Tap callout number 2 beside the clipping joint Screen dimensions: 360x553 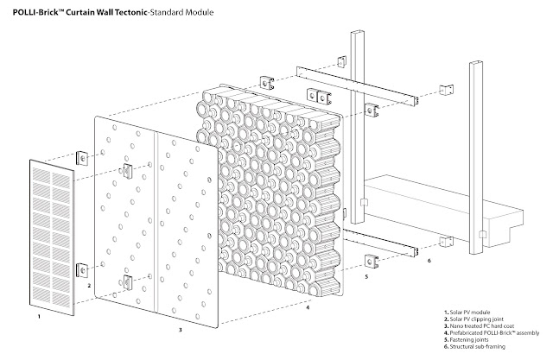89,283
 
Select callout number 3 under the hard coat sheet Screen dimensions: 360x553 180,330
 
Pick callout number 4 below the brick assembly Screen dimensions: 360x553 308,304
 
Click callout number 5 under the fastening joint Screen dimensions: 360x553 366,278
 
